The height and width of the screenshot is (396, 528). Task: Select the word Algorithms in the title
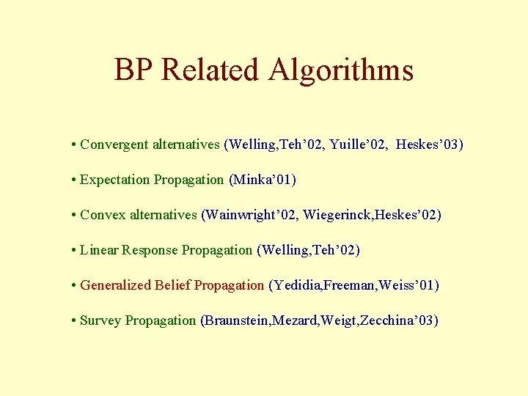pyautogui.click(x=341, y=70)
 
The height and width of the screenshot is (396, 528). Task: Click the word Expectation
pyautogui.click(x=114, y=180)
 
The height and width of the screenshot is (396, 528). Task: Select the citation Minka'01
pyautogui.click(x=264, y=180)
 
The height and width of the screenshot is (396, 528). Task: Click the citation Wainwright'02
pyautogui.click(x=251, y=215)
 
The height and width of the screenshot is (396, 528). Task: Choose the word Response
pyautogui.click(x=150, y=250)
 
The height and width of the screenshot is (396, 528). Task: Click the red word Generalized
pyautogui.click(x=116, y=285)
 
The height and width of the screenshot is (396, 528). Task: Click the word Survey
pyautogui.click(x=100, y=320)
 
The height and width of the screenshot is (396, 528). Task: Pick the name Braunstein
pyautogui.click(x=237, y=320)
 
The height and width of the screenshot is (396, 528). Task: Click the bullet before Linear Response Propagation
pyautogui.click(x=75, y=251)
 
